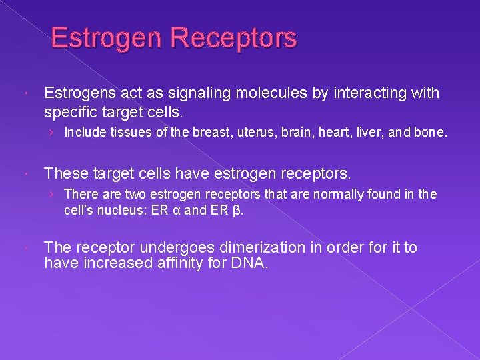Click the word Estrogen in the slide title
[x=107, y=39]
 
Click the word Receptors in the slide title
[x=233, y=39]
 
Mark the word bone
[x=431, y=133]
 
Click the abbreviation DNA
[x=249, y=263]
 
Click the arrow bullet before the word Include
[x=52, y=133]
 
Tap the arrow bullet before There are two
[x=52, y=195]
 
